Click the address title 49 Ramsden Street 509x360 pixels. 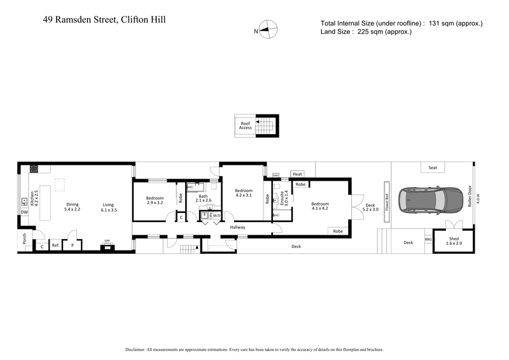tap(105, 20)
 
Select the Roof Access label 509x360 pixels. tap(246, 125)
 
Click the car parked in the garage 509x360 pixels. tap(423, 200)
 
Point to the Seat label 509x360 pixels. tap(433, 168)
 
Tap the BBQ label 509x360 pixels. tap(428, 239)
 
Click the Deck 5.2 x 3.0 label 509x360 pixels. tap(370, 207)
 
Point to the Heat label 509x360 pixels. tap(297, 174)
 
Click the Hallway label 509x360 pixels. tap(237, 227)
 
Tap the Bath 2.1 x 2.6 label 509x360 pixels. tap(203, 199)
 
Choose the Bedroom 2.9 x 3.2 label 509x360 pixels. tap(155, 200)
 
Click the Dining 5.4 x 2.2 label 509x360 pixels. tap(73, 206)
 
